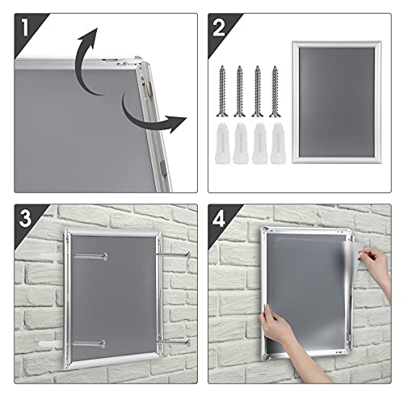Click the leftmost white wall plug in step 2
point(222,141)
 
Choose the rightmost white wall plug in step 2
point(276,141)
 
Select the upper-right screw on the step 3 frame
point(173,255)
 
